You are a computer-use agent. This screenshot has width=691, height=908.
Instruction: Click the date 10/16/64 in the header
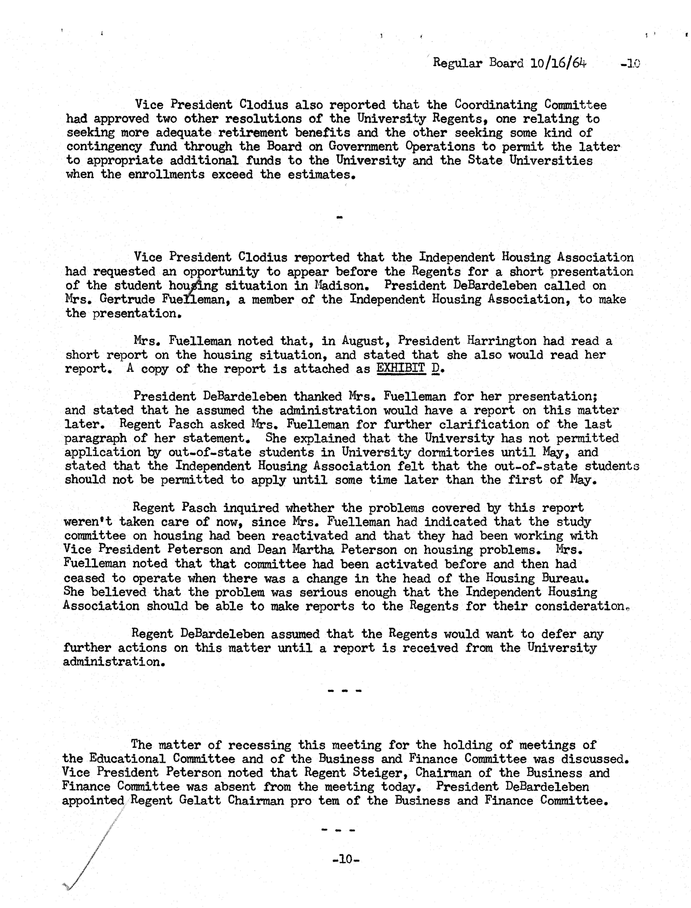tap(558, 63)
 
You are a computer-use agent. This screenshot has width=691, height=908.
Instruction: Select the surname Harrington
tap(502, 341)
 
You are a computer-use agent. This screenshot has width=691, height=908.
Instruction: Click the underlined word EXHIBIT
tap(401, 369)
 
